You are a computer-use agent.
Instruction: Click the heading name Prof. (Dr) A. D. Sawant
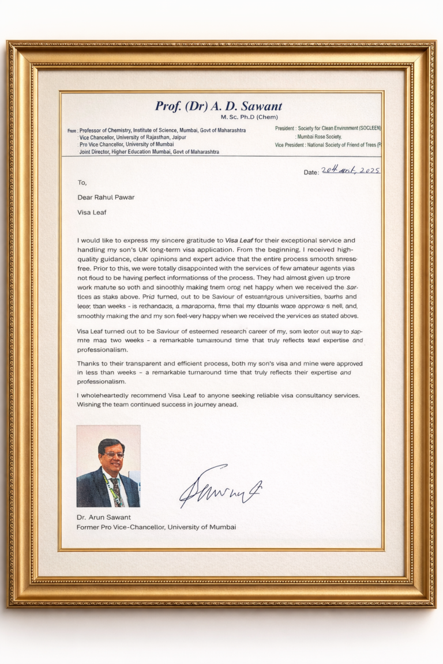point(219,106)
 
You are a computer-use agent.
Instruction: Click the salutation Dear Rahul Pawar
point(106,197)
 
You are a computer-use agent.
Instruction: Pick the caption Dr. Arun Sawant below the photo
point(103,517)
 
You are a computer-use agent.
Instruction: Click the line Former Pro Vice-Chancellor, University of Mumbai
point(156,527)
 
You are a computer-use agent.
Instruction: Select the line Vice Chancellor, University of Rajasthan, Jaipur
point(133,138)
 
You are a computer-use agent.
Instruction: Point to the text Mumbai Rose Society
point(319,137)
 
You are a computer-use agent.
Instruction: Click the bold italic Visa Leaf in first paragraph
point(239,240)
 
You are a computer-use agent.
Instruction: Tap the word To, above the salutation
point(82,183)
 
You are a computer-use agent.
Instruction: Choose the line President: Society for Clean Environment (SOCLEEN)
point(328,129)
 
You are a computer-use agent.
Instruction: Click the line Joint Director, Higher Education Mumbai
point(149,152)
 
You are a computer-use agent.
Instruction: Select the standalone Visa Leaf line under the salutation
point(92,212)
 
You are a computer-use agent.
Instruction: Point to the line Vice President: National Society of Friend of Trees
point(328,145)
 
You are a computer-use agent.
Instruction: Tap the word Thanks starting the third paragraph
point(89,364)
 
